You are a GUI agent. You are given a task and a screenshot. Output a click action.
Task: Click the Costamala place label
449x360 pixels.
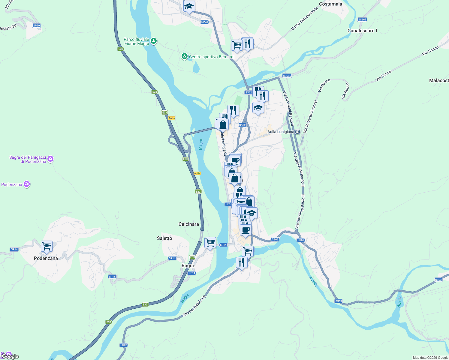point(330,4)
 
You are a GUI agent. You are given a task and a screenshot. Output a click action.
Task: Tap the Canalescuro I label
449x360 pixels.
point(362,31)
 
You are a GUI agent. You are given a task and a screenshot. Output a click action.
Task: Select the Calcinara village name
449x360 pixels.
point(188,224)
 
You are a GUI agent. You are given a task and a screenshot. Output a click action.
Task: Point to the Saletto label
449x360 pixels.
point(164,238)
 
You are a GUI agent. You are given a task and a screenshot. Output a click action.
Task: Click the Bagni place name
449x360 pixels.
point(188,265)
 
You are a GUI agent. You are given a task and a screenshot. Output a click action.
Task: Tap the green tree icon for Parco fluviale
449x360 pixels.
point(154,40)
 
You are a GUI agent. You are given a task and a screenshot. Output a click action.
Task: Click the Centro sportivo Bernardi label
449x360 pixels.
point(212,57)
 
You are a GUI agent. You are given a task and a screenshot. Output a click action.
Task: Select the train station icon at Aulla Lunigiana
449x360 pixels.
point(297,132)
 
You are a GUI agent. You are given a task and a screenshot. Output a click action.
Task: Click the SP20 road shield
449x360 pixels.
point(37,25)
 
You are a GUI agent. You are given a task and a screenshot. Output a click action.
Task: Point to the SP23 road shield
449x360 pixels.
point(204,22)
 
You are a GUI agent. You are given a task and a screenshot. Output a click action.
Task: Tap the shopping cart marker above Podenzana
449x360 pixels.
point(47,246)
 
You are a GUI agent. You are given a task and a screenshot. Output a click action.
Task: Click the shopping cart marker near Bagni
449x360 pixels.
point(210,242)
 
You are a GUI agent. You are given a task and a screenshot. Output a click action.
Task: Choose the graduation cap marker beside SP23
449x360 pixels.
point(189,6)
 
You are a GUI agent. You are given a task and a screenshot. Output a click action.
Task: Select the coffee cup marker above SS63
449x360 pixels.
point(246,230)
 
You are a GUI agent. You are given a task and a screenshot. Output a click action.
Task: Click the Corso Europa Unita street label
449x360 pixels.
point(304,19)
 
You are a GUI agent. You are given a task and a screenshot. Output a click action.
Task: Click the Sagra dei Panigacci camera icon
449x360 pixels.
point(50,159)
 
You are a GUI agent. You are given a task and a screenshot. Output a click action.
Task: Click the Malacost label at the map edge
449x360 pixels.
point(439,80)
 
